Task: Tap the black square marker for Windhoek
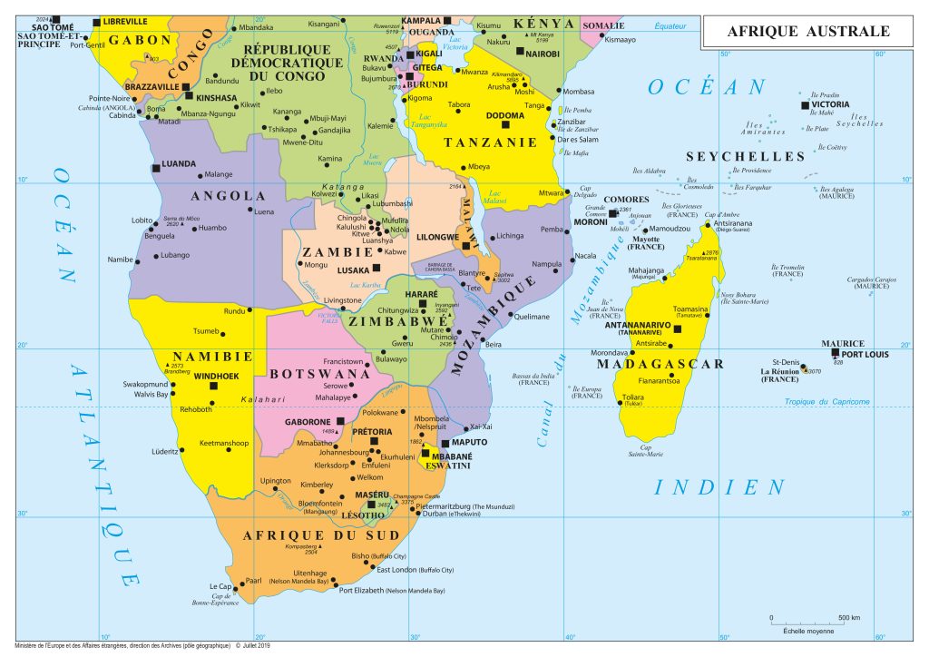coord(214,386)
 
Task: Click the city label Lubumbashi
coord(391,204)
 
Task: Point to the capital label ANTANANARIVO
coord(637,324)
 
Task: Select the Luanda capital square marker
coord(153,163)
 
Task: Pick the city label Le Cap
coord(220,586)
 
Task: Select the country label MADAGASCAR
coord(660,364)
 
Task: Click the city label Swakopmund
coord(145,384)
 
